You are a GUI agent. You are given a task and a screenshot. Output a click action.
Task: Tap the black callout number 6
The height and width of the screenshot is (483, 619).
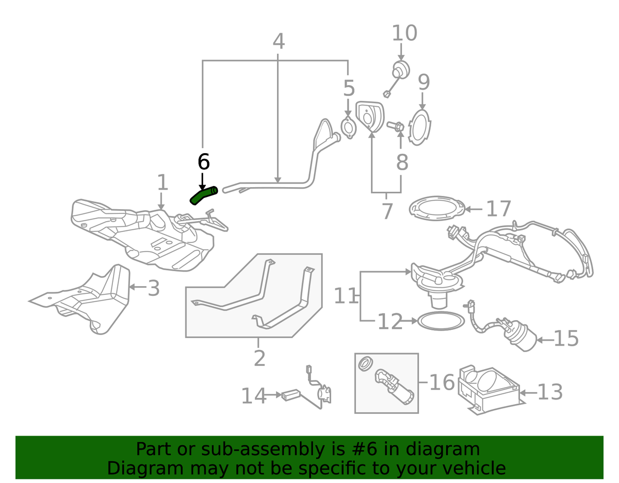(x=204, y=162)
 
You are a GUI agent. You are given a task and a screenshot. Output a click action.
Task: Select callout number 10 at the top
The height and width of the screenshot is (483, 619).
(x=404, y=33)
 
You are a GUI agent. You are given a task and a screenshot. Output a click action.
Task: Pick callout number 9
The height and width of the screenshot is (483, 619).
(x=423, y=82)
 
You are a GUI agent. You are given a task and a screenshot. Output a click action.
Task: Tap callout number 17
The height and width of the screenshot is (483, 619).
(x=498, y=209)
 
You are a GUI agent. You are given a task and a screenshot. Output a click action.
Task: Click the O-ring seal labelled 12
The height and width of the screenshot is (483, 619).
(x=439, y=321)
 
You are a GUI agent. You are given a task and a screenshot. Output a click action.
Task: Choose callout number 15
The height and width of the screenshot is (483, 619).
(x=566, y=339)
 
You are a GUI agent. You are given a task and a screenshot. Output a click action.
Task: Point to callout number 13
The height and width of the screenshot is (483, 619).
(x=549, y=392)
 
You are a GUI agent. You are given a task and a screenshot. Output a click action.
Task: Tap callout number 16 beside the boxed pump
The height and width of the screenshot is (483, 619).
(x=442, y=382)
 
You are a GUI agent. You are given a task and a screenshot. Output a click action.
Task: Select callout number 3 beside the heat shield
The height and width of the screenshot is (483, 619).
(x=153, y=289)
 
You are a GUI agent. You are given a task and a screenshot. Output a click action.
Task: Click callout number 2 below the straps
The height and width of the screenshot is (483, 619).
(x=259, y=358)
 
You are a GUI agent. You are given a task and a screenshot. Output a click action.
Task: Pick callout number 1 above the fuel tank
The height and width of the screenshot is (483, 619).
(x=162, y=182)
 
